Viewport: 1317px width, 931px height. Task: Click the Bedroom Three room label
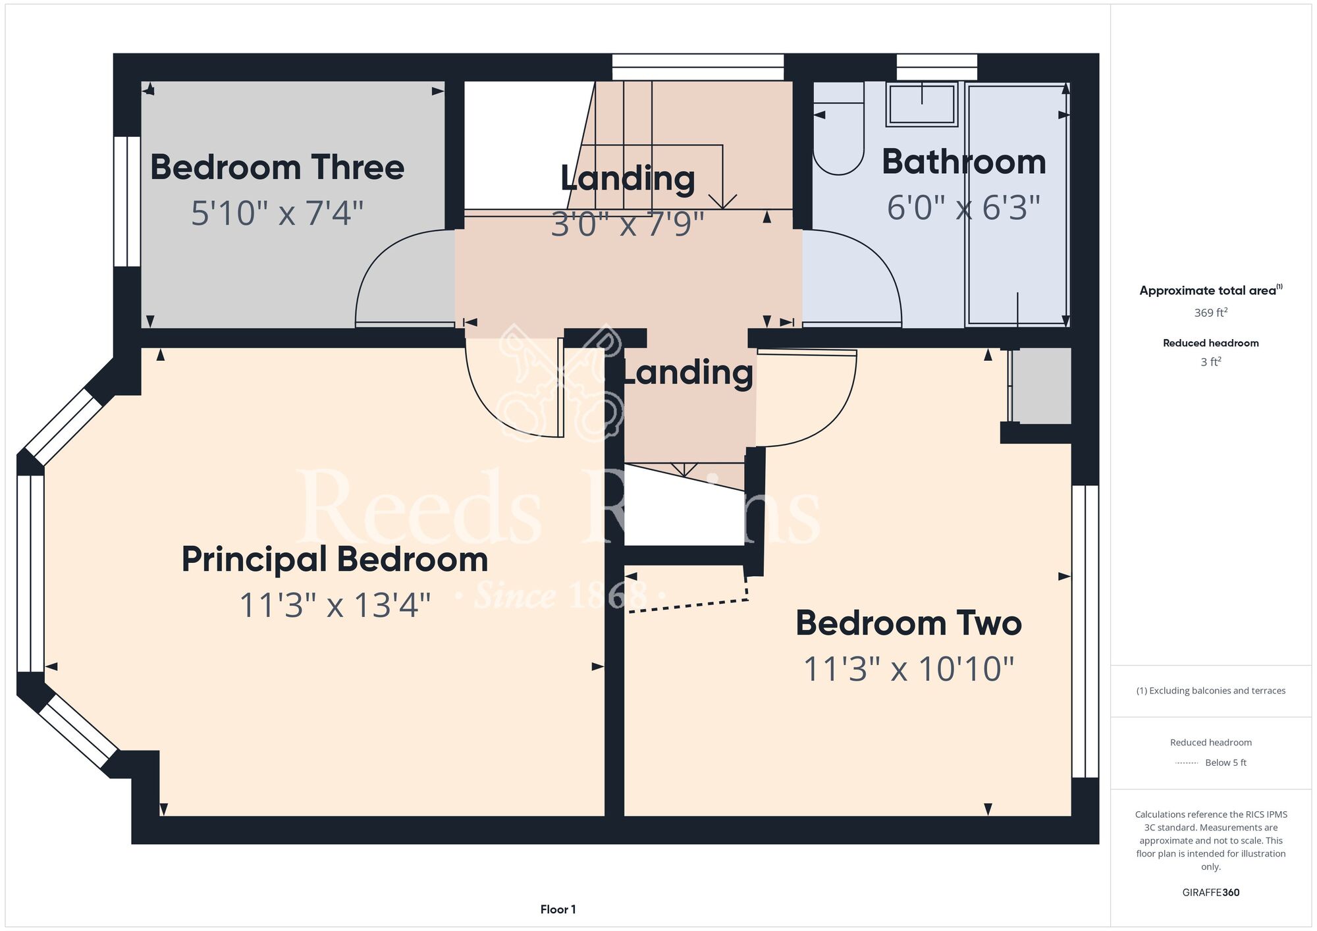(x=277, y=167)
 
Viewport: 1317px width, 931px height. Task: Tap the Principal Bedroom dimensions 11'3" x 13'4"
(x=335, y=605)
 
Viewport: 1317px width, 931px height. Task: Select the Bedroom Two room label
(x=909, y=623)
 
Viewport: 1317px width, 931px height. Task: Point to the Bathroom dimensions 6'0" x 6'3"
(x=963, y=207)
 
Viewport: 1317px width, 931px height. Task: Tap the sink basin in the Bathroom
(x=922, y=103)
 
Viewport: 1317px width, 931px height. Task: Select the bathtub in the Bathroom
(x=1017, y=204)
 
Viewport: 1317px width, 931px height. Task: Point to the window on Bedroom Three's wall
(x=127, y=201)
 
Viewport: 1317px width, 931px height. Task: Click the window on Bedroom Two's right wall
(x=1085, y=632)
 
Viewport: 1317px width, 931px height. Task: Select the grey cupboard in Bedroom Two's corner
(x=1041, y=386)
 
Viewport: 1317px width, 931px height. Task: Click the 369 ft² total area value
(x=1210, y=313)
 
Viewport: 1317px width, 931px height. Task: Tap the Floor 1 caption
(x=558, y=909)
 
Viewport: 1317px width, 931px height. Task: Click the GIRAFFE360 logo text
(x=1210, y=893)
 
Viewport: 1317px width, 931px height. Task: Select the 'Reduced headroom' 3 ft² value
(x=1210, y=362)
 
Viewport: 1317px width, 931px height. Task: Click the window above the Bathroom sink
(x=937, y=67)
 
